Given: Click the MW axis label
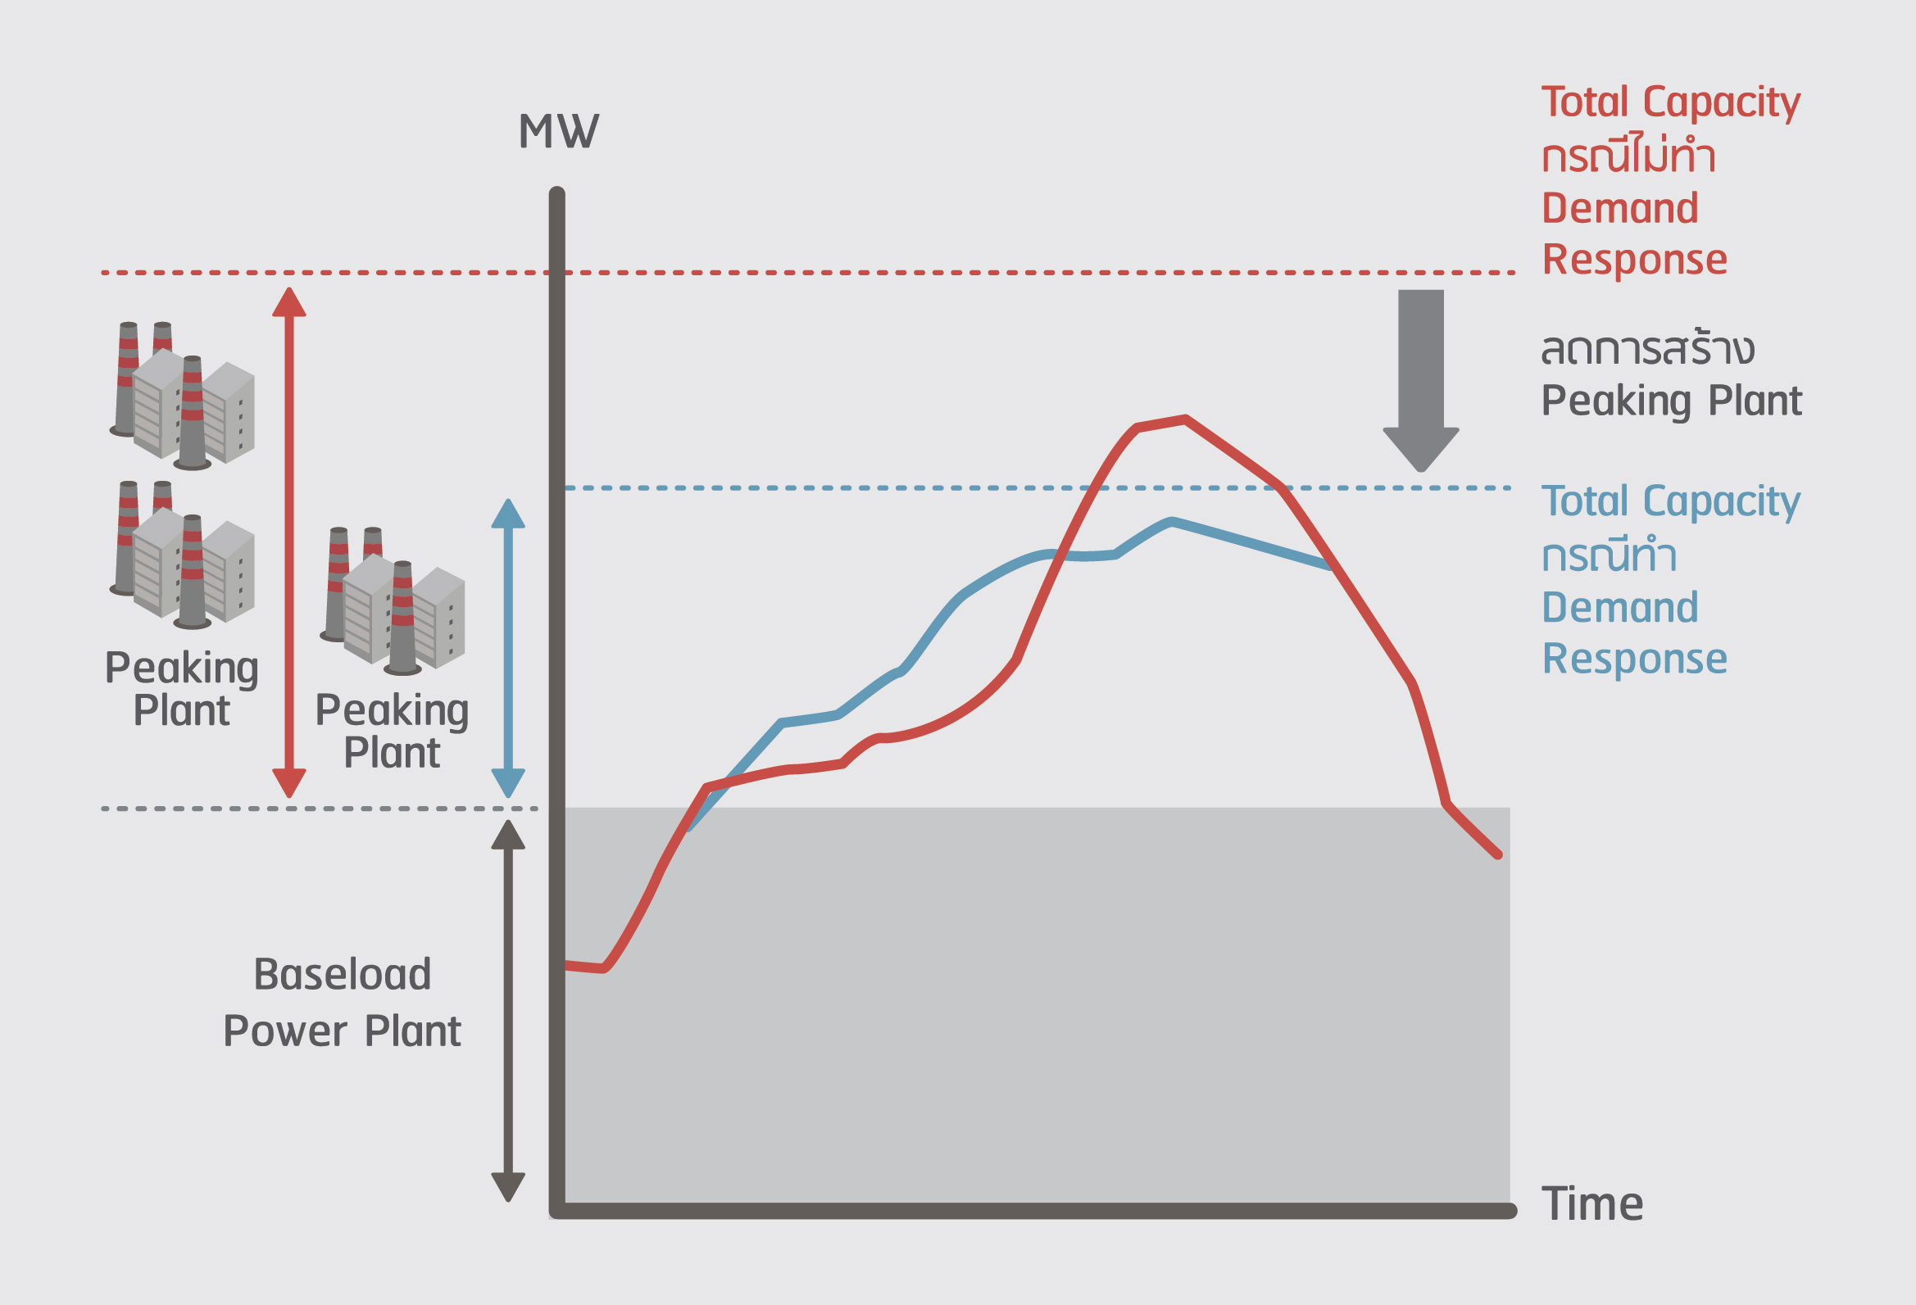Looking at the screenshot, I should pos(558,132).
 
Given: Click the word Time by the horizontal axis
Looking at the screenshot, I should pos(1592,1204).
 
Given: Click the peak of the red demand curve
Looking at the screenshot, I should pos(1185,419).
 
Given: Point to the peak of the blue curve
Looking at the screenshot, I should pos(1172,521).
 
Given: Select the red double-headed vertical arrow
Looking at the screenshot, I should pos(288,541).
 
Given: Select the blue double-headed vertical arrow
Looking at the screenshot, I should pos(508,648).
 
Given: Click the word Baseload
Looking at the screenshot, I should pos(343,974).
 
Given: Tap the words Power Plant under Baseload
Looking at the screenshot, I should pos(343,1031).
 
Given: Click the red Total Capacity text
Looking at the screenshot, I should pos(1670,103).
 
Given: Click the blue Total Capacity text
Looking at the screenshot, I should pos(1670,501).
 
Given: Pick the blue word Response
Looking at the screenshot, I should pos(1634,659).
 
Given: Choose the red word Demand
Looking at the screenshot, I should pos(1619,208).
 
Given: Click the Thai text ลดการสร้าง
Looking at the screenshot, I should pos(1646,350).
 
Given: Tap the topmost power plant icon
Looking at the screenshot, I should pos(183,395).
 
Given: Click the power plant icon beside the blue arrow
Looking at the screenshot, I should pos(393,600).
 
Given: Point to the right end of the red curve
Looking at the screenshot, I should pos(1497,855).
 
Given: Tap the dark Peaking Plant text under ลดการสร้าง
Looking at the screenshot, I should pos(1671,401).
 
